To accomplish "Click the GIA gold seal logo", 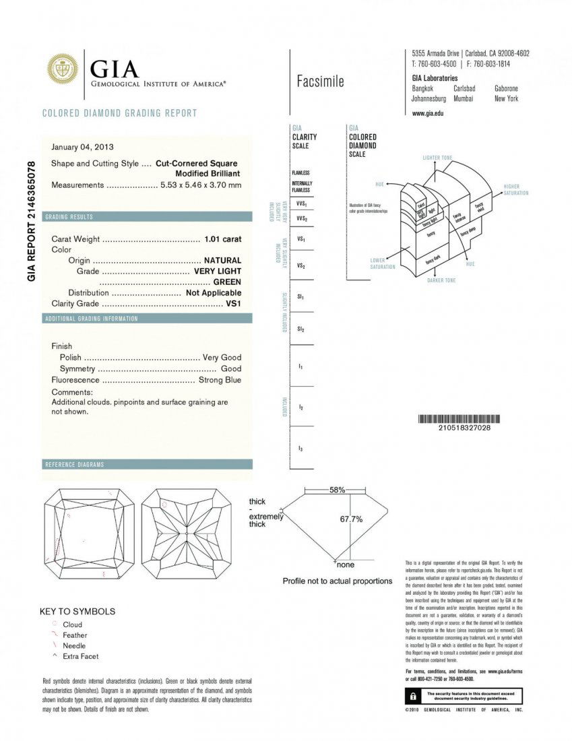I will click(x=62, y=69).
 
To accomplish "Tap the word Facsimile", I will click(x=320, y=82).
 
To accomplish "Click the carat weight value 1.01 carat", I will click(x=222, y=239).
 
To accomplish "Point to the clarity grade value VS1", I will click(x=233, y=303).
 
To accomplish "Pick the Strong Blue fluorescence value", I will click(x=220, y=380).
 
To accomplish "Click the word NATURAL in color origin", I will click(x=222, y=260).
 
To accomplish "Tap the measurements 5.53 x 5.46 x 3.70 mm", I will click(x=200, y=185).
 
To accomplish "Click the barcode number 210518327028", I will click(x=464, y=428).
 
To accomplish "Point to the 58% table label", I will click(x=338, y=490).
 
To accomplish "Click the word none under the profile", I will click(x=345, y=565).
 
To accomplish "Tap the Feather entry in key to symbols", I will click(x=75, y=635).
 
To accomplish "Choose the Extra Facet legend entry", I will click(x=81, y=656).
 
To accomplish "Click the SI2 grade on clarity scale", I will click(x=300, y=329).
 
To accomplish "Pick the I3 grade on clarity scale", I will click(x=300, y=448).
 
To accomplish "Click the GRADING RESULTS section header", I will click(x=69, y=217).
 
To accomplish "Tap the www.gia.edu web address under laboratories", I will click(x=427, y=113).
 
